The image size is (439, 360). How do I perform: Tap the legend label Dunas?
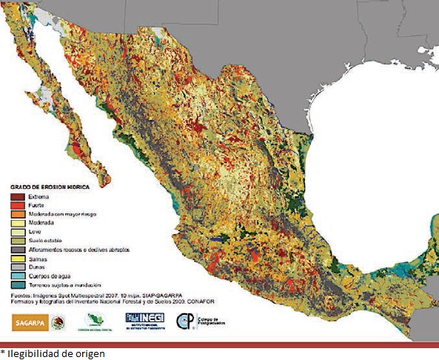pyautogui.click(x=38, y=267)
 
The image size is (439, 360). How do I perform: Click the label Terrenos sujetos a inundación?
pyautogui.click(x=64, y=284)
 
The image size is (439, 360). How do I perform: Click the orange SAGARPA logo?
pyautogui.click(x=30, y=321)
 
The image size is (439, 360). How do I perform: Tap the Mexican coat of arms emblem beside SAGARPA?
pyautogui.click(x=61, y=321)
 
